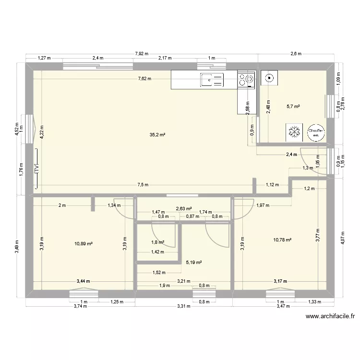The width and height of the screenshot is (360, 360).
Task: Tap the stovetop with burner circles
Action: (x=246, y=80)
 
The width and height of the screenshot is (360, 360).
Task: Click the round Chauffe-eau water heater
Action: (x=315, y=132)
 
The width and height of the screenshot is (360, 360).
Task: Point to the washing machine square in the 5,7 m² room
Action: (x=269, y=77)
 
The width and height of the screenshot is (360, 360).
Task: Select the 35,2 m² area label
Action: (x=157, y=135)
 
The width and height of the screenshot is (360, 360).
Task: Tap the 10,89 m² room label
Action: (x=84, y=244)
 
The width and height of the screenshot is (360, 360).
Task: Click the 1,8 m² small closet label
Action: (x=158, y=243)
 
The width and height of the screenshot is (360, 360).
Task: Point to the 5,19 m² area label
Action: (x=193, y=263)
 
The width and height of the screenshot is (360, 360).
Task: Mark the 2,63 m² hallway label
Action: (x=184, y=209)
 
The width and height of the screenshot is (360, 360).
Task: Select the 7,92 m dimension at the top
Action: (x=142, y=54)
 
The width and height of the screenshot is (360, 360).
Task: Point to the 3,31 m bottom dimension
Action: (x=184, y=305)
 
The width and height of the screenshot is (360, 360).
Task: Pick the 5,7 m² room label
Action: (x=293, y=106)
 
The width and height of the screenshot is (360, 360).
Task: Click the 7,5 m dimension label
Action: (x=143, y=185)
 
